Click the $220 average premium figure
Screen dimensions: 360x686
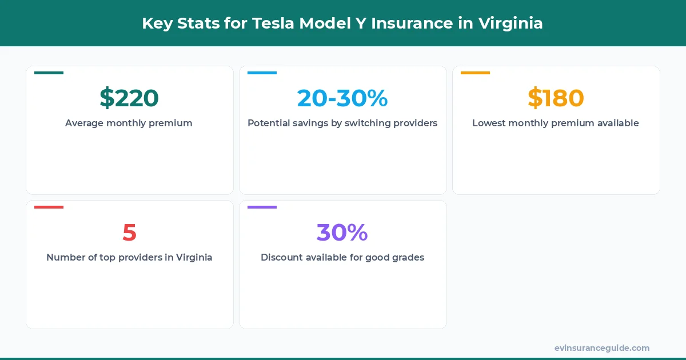pyautogui.click(x=129, y=98)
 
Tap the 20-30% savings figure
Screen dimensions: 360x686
pyautogui.click(x=342, y=98)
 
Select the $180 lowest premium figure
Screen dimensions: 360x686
pyautogui.click(x=556, y=98)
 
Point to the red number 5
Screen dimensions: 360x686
pyautogui.click(x=129, y=233)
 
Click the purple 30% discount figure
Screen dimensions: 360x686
pyautogui.click(x=342, y=233)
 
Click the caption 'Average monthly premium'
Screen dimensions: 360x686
pyautogui.click(x=129, y=123)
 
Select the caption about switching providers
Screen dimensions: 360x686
pyautogui.click(x=342, y=123)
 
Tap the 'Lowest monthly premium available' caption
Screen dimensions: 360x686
pyautogui.click(x=556, y=123)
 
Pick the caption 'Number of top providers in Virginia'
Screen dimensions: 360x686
pyautogui.click(x=129, y=257)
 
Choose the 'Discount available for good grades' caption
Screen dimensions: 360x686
pyautogui.click(x=342, y=257)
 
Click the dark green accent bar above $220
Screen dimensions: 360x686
pyautogui.click(x=49, y=73)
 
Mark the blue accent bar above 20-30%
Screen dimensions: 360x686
pyautogui.click(x=262, y=73)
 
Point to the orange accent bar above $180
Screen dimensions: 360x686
pyautogui.click(x=475, y=73)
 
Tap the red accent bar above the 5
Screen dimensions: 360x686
pyautogui.click(x=49, y=207)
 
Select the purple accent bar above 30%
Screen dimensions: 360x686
pyautogui.click(x=262, y=207)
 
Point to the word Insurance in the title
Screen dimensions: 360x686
pyautogui.click(x=407, y=24)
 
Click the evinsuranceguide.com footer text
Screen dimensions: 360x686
pyautogui.click(x=602, y=347)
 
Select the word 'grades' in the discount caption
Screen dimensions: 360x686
pyautogui.click(x=407, y=258)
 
